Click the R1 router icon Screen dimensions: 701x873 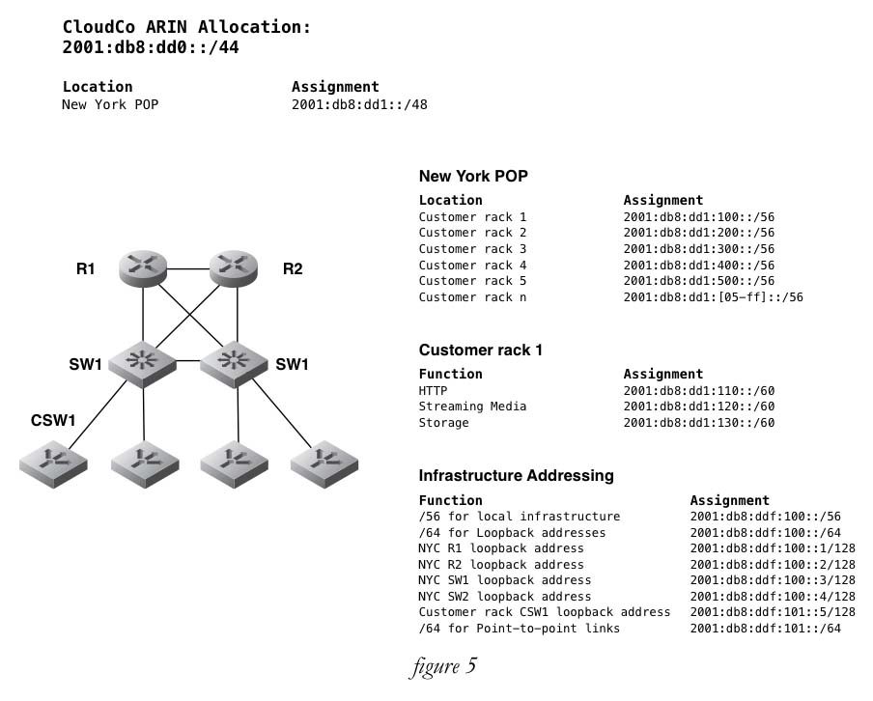pos(144,267)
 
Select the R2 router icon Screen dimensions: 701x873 pos(233,267)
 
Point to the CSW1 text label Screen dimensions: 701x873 pos(53,421)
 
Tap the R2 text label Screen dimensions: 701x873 pos(292,268)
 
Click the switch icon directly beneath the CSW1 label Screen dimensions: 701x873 pos(52,463)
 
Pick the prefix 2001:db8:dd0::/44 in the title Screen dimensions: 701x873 pos(150,46)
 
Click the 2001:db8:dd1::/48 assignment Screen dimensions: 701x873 pos(358,104)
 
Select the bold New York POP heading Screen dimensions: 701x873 pos(472,176)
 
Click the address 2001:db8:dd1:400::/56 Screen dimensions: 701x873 pos(698,266)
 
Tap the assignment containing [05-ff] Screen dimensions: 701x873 pos(713,297)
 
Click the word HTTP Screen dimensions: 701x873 pos(433,391)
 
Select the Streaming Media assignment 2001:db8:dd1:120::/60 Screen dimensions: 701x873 pos(698,407)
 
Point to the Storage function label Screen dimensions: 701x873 pos(443,423)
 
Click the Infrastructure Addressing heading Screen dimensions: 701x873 pos(516,475)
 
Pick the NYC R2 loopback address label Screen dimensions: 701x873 pos(500,565)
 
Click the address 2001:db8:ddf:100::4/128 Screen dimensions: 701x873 pos(772,597)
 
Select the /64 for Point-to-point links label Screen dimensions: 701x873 pos(519,629)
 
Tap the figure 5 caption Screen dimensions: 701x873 pos(442,666)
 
